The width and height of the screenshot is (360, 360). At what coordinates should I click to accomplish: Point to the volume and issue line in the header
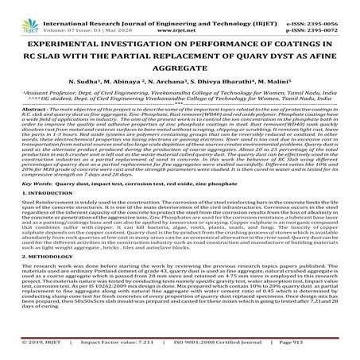click(84, 14)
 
